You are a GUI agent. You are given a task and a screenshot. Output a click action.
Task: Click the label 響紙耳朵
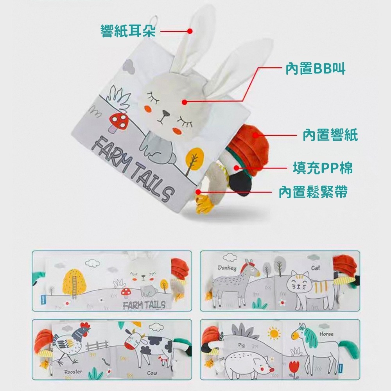pyautogui.click(x=128, y=30)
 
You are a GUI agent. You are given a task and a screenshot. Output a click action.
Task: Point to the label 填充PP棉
pyautogui.click(x=323, y=168)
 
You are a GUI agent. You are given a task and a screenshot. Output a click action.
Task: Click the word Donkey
pyautogui.click(x=227, y=268)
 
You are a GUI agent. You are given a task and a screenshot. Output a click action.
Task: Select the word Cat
pyautogui.click(x=315, y=268)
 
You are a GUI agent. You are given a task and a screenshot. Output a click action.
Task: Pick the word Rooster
pyautogui.click(x=73, y=372)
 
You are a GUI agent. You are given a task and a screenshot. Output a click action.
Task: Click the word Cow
pyautogui.click(x=152, y=373)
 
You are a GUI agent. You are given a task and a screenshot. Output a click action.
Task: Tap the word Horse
pyautogui.click(x=326, y=334)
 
